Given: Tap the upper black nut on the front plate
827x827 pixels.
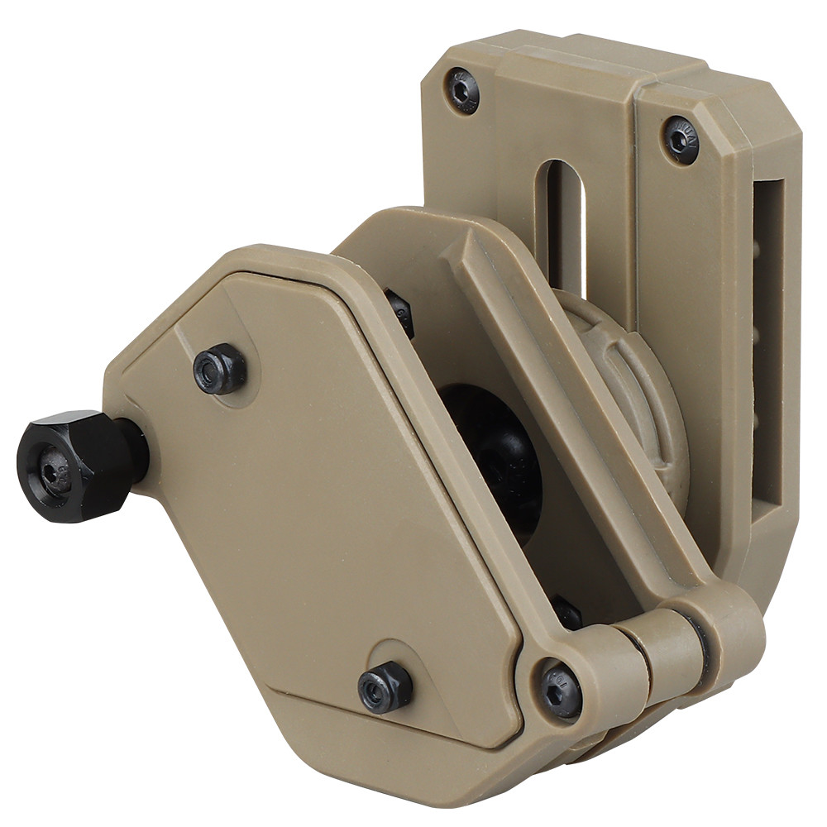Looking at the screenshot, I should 220,369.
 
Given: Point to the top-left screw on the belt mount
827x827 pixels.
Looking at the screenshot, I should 462,88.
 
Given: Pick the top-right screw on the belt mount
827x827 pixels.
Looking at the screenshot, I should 682,138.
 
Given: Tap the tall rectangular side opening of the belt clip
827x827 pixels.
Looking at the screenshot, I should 768,347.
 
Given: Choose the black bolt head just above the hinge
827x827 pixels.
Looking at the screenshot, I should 568,613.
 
